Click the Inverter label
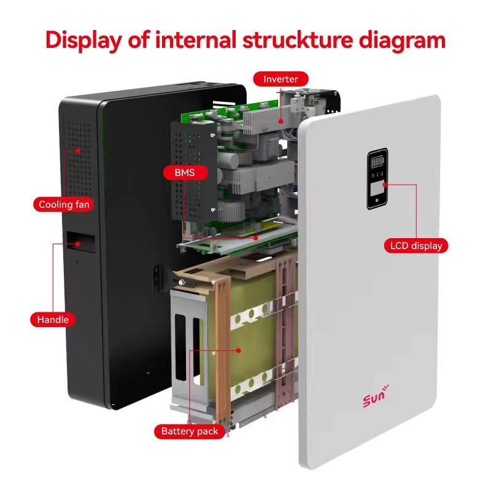click(280, 79)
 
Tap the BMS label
click(184, 172)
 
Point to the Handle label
click(53, 320)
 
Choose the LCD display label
click(416, 246)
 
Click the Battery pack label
click(190, 431)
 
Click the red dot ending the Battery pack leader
click(239, 350)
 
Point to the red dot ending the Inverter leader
click(281, 121)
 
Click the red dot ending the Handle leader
click(78, 243)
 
